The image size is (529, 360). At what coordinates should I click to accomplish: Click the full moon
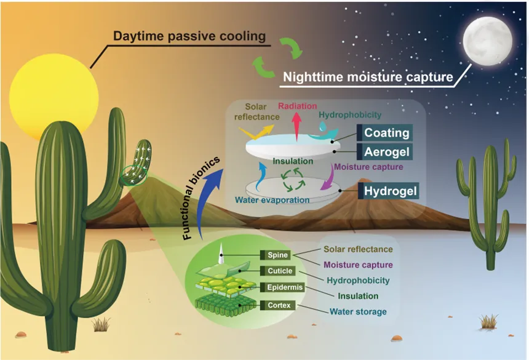click(488, 41)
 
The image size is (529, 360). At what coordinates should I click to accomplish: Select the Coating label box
click(384, 132)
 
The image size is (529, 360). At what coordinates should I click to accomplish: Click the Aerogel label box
click(384, 152)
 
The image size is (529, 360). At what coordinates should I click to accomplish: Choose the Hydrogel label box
click(388, 191)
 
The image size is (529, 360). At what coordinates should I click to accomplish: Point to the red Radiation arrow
click(296, 127)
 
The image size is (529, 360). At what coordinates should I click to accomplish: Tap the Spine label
click(276, 255)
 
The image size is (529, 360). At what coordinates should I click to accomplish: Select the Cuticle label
click(277, 271)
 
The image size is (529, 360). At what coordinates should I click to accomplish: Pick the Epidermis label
click(282, 287)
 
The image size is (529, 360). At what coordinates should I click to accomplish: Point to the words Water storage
click(358, 312)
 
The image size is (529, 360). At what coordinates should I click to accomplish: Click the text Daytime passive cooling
click(189, 36)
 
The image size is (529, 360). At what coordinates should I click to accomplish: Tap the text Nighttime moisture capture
click(368, 77)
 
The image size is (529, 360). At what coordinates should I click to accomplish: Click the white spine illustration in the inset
click(221, 254)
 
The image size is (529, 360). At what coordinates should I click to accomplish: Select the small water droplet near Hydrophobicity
click(323, 127)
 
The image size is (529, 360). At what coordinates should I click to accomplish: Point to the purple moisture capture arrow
click(328, 178)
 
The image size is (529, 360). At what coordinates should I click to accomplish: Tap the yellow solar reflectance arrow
click(257, 132)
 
